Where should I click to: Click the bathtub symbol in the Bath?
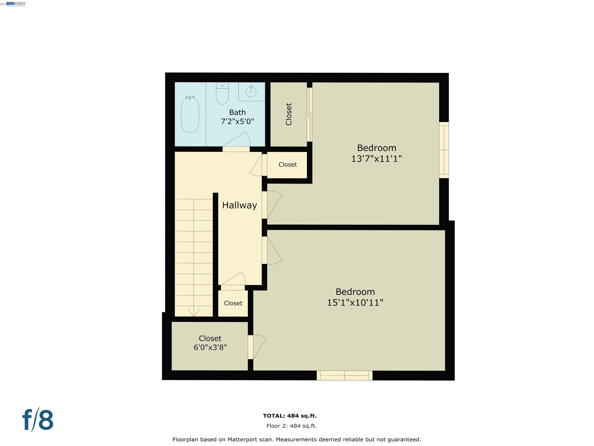(x=190, y=115)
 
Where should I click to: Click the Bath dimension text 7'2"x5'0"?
(x=237, y=122)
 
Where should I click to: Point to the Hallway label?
(x=240, y=205)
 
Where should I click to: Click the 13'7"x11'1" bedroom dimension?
(x=376, y=159)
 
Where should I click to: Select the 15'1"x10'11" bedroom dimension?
(x=355, y=303)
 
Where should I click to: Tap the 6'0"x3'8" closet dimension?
(x=210, y=347)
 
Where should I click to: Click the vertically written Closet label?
(x=289, y=114)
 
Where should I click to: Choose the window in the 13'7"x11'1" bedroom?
(x=444, y=150)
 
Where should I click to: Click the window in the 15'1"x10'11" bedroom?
(x=345, y=375)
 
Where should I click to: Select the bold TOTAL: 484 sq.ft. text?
(x=290, y=416)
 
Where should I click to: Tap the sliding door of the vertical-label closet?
(x=310, y=115)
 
